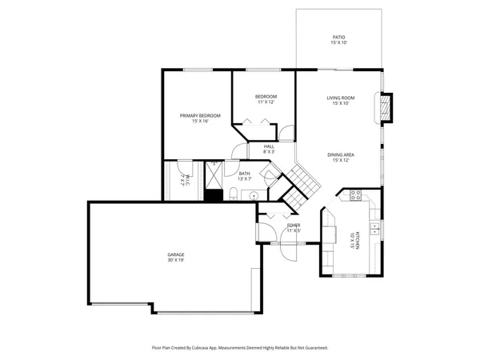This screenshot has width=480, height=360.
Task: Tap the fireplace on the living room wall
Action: (x=386, y=107)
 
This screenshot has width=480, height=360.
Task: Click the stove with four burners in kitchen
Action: (x=356, y=194)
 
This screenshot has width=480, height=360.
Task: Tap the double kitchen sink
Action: (x=375, y=230)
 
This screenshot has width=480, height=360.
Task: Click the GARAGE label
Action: (x=176, y=254)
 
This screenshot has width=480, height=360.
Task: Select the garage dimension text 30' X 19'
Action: (x=176, y=261)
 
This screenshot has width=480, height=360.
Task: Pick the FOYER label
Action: (x=294, y=226)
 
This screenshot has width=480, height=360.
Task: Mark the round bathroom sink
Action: (x=254, y=194)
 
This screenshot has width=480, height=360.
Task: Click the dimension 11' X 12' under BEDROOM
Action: (x=266, y=102)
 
